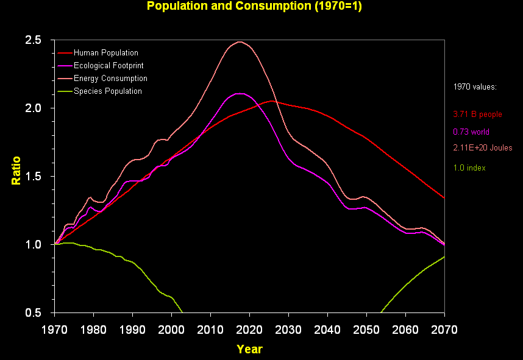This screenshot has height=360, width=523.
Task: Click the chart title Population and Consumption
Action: tap(246, 7)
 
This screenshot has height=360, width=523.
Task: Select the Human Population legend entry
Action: tap(105, 53)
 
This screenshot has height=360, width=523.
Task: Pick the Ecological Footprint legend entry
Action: tap(109, 66)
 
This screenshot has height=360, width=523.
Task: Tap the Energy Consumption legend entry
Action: tap(110, 79)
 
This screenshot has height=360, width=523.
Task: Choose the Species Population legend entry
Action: tap(107, 91)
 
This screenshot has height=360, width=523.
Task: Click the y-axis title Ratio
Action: tap(16, 171)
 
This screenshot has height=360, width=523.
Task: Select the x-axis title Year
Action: tap(249, 349)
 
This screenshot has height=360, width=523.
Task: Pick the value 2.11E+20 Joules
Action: tap(482, 148)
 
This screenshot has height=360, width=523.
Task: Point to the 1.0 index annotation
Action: tap(469, 168)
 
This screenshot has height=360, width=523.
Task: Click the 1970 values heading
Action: tap(475, 87)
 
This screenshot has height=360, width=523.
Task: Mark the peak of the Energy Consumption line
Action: tap(240, 41)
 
